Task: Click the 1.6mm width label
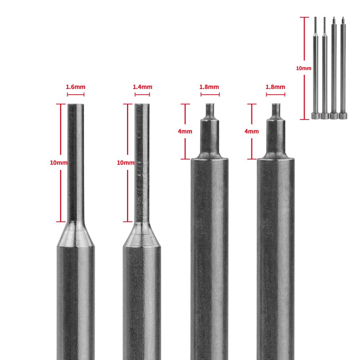pos(76,87)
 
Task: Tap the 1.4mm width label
pos(143,87)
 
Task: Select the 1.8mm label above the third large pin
pos(209,87)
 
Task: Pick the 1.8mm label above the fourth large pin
pos(275,87)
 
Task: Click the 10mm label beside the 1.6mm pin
pos(59,163)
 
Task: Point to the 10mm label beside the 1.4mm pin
pos(126,163)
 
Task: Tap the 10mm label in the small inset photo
pos(303,68)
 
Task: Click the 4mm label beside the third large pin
pos(185,131)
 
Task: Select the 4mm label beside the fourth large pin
pos(251,131)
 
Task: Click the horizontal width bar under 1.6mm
pos(76,95)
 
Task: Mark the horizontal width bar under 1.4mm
pos(142,95)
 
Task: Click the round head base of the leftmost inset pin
pos(315,116)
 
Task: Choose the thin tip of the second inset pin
pos(324,25)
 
